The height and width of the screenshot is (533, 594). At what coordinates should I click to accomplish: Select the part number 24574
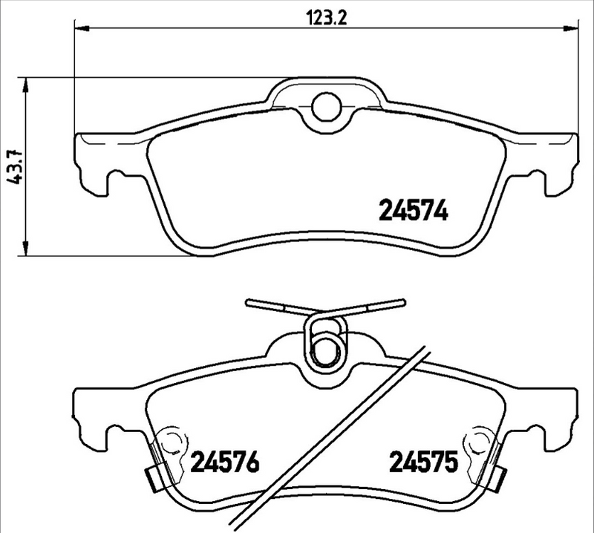pyautogui.click(x=414, y=212)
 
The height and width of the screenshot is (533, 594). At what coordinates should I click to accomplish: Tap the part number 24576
pyautogui.click(x=225, y=463)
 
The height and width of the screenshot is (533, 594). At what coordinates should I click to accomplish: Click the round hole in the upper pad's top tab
pyautogui.click(x=324, y=107)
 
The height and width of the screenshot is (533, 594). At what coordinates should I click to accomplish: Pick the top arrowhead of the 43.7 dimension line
pyautogui.click(x=27, y=84)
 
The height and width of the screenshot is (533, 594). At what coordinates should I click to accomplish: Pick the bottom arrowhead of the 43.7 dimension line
pyautogui.click(x=27, y=249)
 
